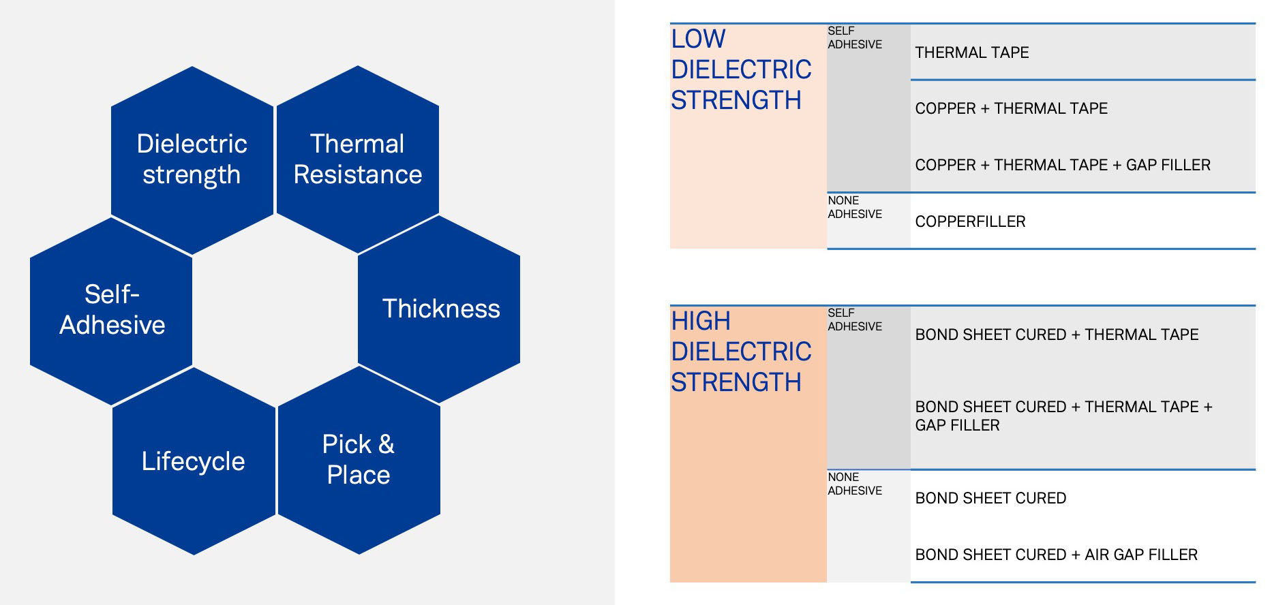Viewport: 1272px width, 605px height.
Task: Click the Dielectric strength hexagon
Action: pos(192,160)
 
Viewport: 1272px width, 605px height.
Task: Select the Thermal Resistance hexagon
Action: pos(358,159)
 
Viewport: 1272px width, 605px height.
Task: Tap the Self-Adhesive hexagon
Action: pos(111,311)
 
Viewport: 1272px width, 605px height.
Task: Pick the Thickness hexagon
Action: pos(439,309)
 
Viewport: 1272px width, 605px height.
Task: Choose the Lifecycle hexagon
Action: pos(194,461)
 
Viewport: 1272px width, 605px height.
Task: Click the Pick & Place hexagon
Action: pos(359,460)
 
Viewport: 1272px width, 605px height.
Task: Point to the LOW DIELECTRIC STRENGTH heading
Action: pos(741,69)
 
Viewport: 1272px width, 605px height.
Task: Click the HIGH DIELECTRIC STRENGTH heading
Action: pos(741,352)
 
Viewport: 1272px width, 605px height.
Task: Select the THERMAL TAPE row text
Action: pos(971,52)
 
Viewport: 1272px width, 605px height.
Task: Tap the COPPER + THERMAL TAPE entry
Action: pos(1011,108)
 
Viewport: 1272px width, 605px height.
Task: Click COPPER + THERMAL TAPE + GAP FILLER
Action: pos(1063,165)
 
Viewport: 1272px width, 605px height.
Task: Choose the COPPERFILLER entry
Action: pos(970,221)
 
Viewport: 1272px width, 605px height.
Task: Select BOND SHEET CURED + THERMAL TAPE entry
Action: pos(1057,335)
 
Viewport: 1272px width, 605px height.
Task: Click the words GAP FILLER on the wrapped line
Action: pos(957,425)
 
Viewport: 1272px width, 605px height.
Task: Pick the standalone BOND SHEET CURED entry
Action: pos(990,498)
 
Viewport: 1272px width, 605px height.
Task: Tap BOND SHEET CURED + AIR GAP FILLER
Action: pos(1056,555)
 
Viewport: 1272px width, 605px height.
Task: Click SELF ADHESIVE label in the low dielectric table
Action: pos(855,37)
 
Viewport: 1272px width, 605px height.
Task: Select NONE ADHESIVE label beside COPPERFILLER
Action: pos(855,207)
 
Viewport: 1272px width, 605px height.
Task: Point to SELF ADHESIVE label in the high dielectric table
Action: pos(855,320)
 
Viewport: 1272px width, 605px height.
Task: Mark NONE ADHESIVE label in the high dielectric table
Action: pos(855,484)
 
